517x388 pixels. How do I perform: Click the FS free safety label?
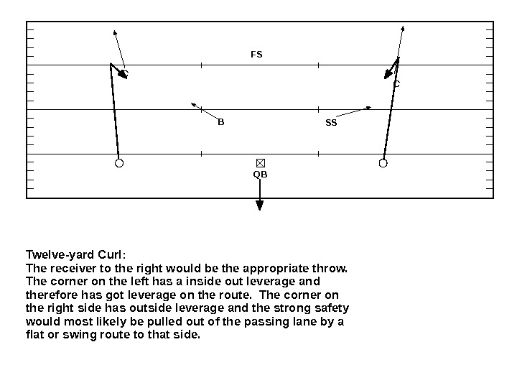pyautogui.click(x=256, y=54)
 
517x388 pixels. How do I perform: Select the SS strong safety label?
pyautogui.click(x=331, y=123)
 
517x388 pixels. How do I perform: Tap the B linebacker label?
pyautogui.click(x=221, y=122)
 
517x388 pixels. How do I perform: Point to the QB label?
pyautogui.click(x=260, y=174)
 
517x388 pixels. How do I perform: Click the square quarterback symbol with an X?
pyautogui.click(x=261, y=163)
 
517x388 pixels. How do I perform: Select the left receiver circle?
pyautogui.click(x=119, y=163)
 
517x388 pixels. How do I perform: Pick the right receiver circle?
pyautogui.click(x=383, y=163)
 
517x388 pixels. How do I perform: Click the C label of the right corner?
pyautogui.click(x=396, y=84)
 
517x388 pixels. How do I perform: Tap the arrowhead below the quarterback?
pyautogui.click(x=260, y=205)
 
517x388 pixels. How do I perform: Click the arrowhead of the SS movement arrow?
pyautogui.click(x=368, y=108)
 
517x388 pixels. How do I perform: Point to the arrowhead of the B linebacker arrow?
pyautogui.click(x=194, y=105)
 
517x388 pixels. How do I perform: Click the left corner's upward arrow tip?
pyautogui.click(x=115, y=32)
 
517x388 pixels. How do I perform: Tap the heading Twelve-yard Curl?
pyautogui.click(x=75, y=255)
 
